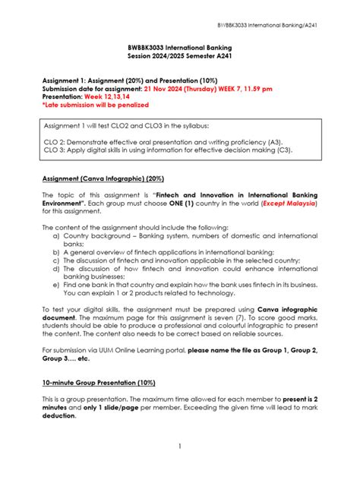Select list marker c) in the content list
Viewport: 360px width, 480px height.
(57, 260)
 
